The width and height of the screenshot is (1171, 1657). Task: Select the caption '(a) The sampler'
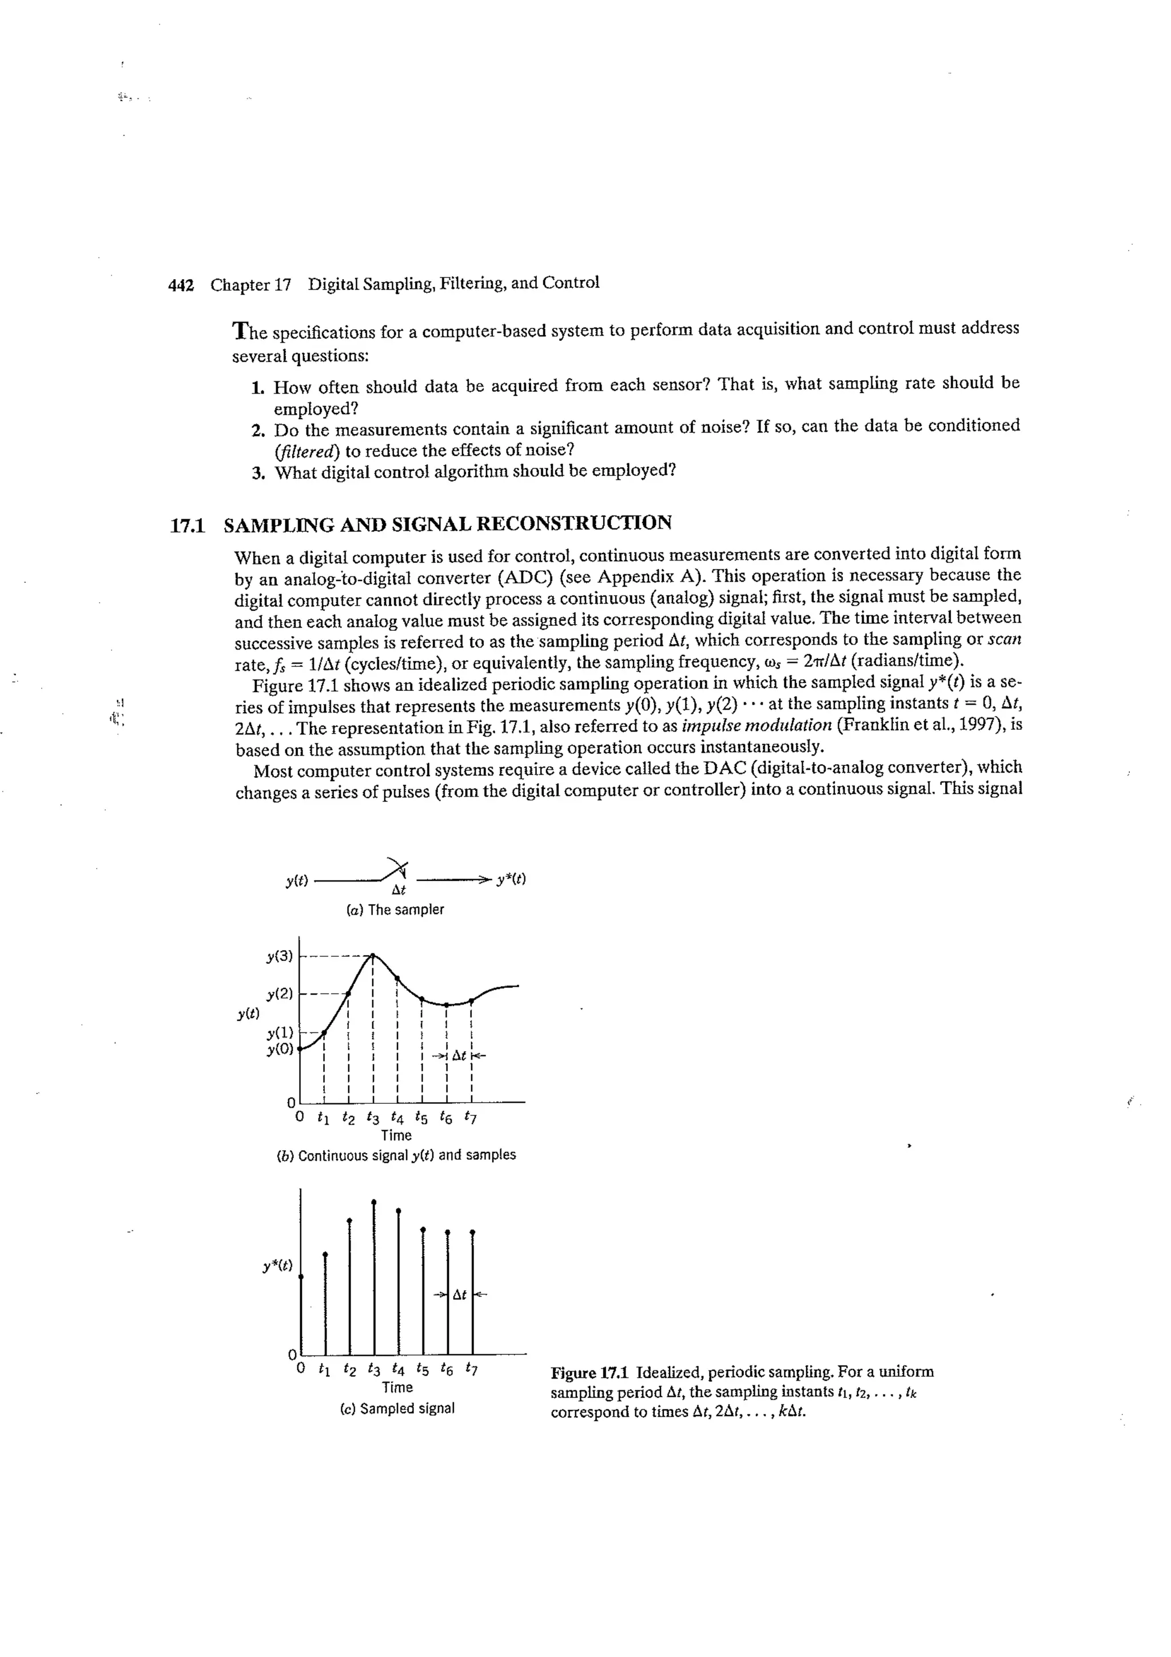tap(395, 910)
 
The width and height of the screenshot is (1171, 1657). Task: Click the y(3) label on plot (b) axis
tap(279, 957)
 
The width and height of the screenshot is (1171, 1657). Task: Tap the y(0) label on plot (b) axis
tap(279, 1050)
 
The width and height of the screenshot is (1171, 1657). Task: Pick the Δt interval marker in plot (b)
tap(459, 1056)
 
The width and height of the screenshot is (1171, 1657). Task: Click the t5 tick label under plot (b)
tap(421, 1119)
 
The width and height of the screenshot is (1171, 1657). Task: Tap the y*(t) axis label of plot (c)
tap(278, 1265)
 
